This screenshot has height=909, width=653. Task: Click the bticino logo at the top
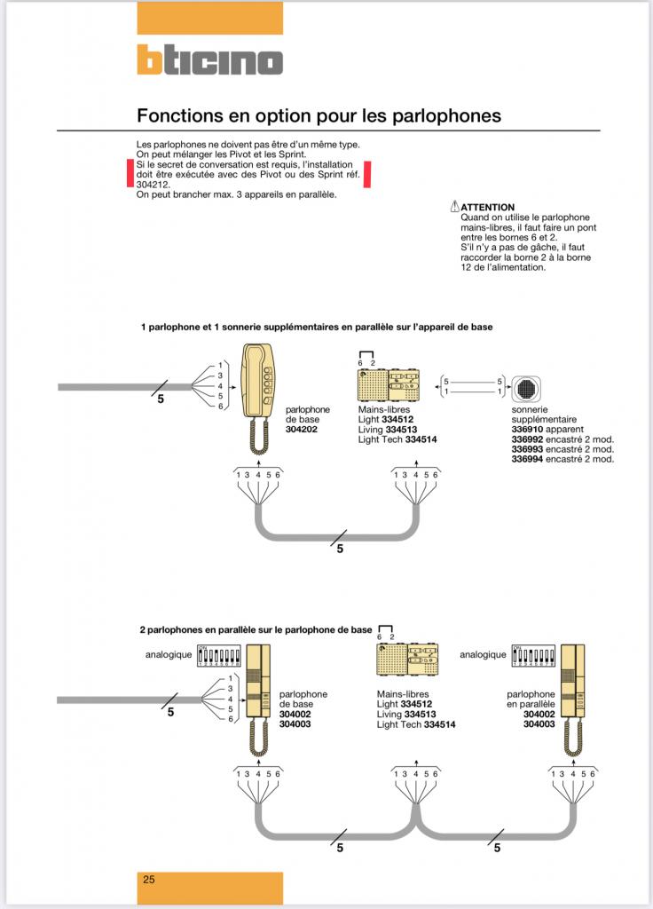209,60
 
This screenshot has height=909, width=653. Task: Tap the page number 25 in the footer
149,880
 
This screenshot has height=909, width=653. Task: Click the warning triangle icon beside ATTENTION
455,207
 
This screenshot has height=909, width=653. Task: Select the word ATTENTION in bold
487,208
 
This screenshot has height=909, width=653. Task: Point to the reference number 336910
526,429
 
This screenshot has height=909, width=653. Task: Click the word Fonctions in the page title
175,115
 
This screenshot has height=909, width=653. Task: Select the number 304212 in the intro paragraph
152,185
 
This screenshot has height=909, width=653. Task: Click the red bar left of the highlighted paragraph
130,173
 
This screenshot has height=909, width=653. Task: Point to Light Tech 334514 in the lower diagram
415,724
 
